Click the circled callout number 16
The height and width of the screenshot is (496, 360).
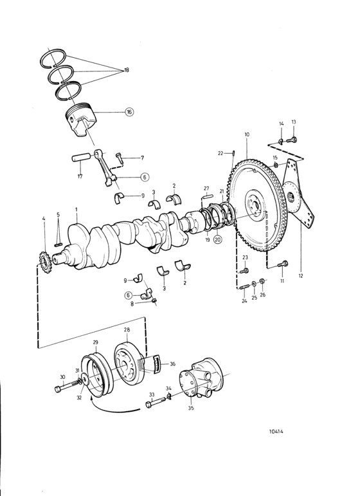129,112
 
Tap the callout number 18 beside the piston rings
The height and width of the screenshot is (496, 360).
127,70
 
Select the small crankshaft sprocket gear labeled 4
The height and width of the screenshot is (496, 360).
44,262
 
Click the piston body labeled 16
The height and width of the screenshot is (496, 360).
80,122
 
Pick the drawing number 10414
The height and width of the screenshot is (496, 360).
276,431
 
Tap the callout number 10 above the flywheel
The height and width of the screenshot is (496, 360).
247,134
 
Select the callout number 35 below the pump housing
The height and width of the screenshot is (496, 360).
190,408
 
